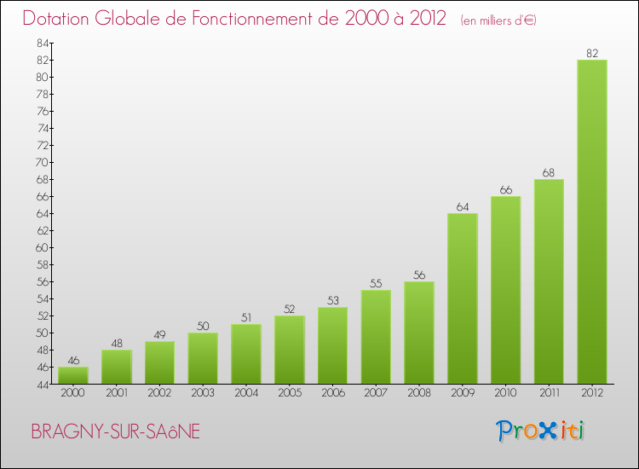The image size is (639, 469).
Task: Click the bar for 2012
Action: coord(592,222)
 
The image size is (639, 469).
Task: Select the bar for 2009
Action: coord(463,298)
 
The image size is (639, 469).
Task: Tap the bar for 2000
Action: coord(73,375)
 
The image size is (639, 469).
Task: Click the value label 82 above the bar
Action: coord(592,54)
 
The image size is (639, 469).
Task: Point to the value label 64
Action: coord(463,207)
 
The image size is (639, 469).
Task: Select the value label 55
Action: coord(376,284)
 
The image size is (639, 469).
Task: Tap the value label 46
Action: coord(73,361)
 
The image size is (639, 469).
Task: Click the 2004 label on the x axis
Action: coord(246,393)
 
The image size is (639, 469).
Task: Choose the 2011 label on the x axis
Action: coord(549,393)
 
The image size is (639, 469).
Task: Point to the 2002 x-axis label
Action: coord(159,393)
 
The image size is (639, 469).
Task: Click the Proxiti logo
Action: coord(541,431)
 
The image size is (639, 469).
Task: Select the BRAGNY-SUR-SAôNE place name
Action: coord(116,431)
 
